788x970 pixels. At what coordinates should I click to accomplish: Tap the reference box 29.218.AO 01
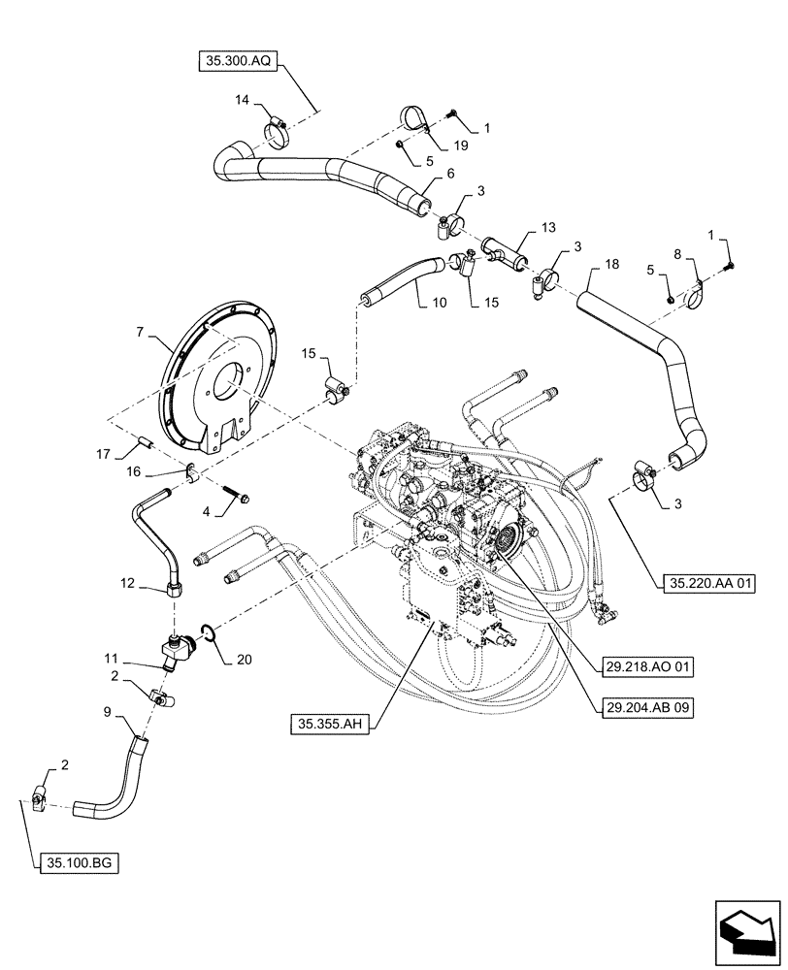pyautogui.click(x=643, y=667)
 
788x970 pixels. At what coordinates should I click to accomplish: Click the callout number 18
pyautogui.click(x=610, y=264)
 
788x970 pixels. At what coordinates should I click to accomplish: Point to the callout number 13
pyautogui.click(x=548, y=228)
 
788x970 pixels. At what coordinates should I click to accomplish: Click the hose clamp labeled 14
pyautogui.click(x=276, y=129)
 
